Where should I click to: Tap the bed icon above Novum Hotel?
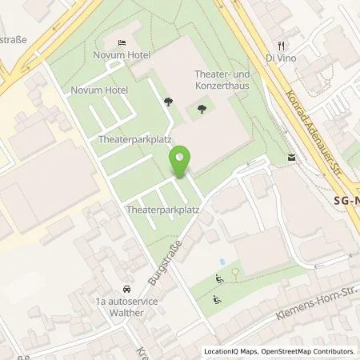[x=121, y=42]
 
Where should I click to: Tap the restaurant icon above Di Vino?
[x=281, y=46]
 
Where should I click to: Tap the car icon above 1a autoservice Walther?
[x=126, y=289]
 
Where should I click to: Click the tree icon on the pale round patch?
[x=167, y=102]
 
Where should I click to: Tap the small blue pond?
[x=221, y=262]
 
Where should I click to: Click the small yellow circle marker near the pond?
[x=235, y=272]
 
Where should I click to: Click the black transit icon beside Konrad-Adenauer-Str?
[x=290, y=158]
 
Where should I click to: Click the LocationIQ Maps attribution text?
[x=230, y=351]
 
